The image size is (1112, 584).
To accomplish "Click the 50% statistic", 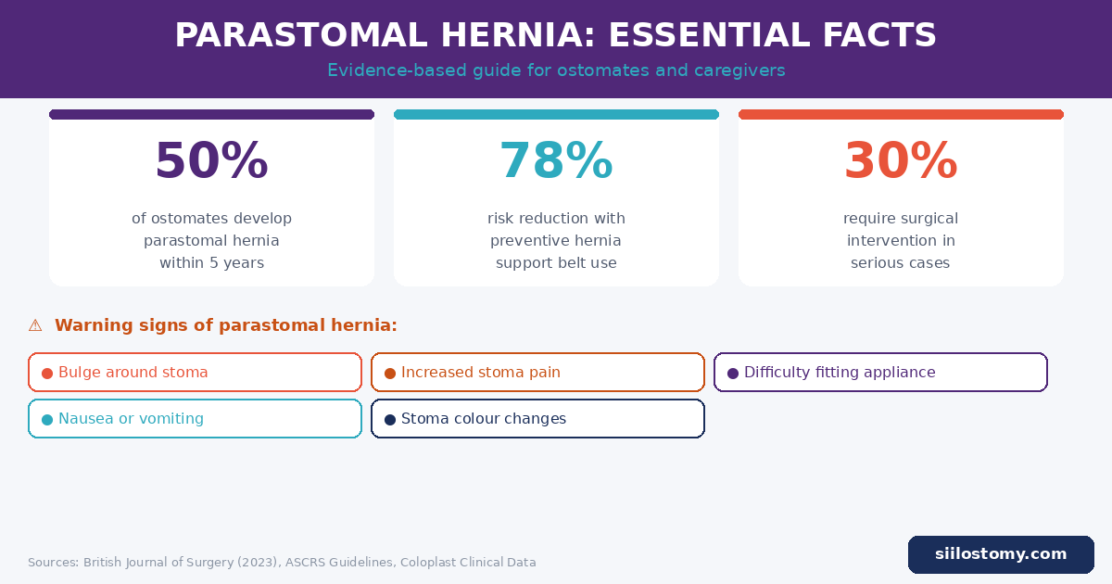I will (x=211, y=161).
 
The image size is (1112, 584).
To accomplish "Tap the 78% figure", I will (x=556, y=161).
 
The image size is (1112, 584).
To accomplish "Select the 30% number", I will (x=901, y=161).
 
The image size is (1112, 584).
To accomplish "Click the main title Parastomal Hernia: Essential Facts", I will (x=556, y=36).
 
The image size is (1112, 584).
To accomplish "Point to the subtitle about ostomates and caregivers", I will (x=556, y=70).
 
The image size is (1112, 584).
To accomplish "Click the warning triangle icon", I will (x=35, y=325).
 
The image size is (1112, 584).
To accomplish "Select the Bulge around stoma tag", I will (x=195, y=373).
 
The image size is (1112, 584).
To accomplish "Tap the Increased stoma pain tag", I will (x=537, y=373).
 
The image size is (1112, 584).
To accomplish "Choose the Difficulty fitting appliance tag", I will (x=880, y=373).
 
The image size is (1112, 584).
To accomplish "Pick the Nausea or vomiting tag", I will (x=195, y=419).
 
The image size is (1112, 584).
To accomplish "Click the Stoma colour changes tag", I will (x=537, y=419).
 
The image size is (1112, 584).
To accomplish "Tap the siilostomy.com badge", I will (x=1001, y=554).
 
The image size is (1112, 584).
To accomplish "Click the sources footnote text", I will (x=282, y=563).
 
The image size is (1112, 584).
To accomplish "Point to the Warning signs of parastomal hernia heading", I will (x=225, y=325).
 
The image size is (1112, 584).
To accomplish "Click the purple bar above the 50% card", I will (x=211, y=115).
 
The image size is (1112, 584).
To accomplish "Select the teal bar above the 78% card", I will (x=556, y=115).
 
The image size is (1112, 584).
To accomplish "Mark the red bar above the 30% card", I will (x=901, y=115).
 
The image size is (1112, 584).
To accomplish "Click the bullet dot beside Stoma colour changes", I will (x=390, y=420).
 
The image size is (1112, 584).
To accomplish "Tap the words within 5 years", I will (x=211, y=263).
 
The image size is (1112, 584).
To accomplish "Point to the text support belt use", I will (x=556, y=263).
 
